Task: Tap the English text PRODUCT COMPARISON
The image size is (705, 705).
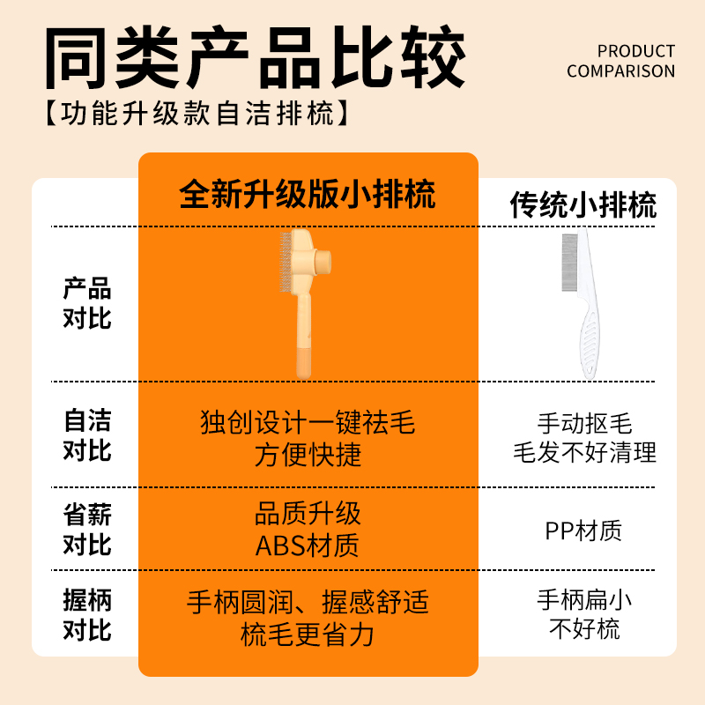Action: point(620,61)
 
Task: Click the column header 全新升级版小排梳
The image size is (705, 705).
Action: point(308,194)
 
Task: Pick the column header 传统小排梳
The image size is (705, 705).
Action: point(583,205)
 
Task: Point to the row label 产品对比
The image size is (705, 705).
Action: point(87,302)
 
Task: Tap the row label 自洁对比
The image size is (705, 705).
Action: point(87,434)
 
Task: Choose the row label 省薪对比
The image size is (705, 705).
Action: point(87,529)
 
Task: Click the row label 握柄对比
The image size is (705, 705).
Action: point(87,615)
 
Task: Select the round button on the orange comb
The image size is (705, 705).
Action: point(321,261)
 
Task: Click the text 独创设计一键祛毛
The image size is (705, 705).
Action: point(308,423)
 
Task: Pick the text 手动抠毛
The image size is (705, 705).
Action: point(584,424)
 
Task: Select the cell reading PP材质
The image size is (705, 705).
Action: point(583,531)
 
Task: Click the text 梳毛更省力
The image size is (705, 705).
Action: point(308,634)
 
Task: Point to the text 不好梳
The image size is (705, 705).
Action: point(584,628)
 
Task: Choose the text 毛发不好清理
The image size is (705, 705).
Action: point(584,453)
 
